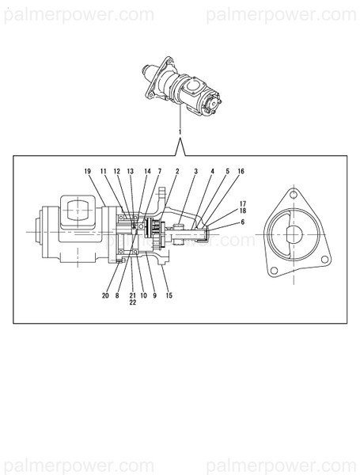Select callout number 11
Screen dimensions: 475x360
point(103,171)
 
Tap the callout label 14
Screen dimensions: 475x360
point(147,171)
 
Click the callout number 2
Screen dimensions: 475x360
point(176,171)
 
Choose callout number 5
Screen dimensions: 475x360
point(227,171)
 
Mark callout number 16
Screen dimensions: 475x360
point(241,171)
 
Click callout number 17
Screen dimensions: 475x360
point(242,203)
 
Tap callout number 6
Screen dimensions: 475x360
point(242,222)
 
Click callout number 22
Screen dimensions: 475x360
point(132,302)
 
